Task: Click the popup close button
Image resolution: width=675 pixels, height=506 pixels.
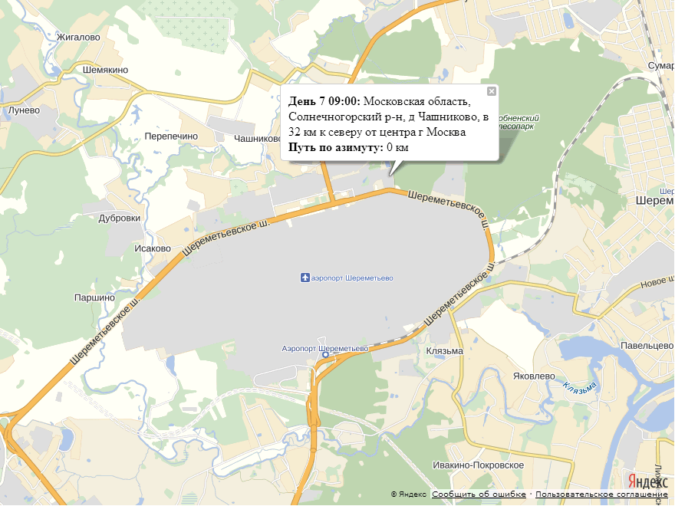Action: point(492,91)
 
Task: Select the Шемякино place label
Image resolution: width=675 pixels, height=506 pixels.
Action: point(104,70)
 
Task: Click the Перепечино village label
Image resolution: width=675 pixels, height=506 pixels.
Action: point(171,136)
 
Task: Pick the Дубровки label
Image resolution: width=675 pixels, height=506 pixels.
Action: point(120,218)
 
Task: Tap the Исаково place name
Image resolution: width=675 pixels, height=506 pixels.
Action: point(152,248)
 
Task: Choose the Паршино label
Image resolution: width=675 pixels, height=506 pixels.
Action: point(94,297)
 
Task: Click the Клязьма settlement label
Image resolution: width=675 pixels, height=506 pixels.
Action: point(444,351)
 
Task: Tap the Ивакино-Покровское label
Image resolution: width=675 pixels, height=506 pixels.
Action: point(478,465)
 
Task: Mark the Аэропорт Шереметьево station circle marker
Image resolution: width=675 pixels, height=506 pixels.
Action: point(325,355)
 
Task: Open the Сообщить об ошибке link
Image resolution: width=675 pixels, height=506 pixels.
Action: point(479,495)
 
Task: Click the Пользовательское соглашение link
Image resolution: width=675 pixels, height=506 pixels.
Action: point(601,495)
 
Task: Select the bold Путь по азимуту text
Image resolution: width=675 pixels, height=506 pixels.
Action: point(335,147)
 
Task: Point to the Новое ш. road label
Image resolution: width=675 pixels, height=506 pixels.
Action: point(657,283)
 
